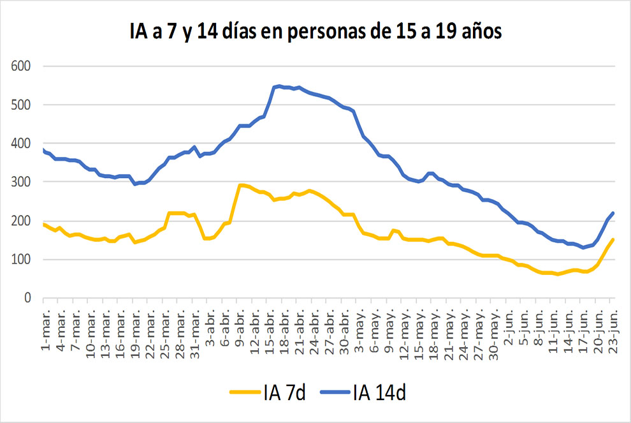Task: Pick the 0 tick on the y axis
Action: [27, 298]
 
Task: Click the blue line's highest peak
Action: [279, 85]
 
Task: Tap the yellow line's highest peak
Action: [241, 185]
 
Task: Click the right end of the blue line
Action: [613, 213]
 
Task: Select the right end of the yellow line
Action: [613, 240]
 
